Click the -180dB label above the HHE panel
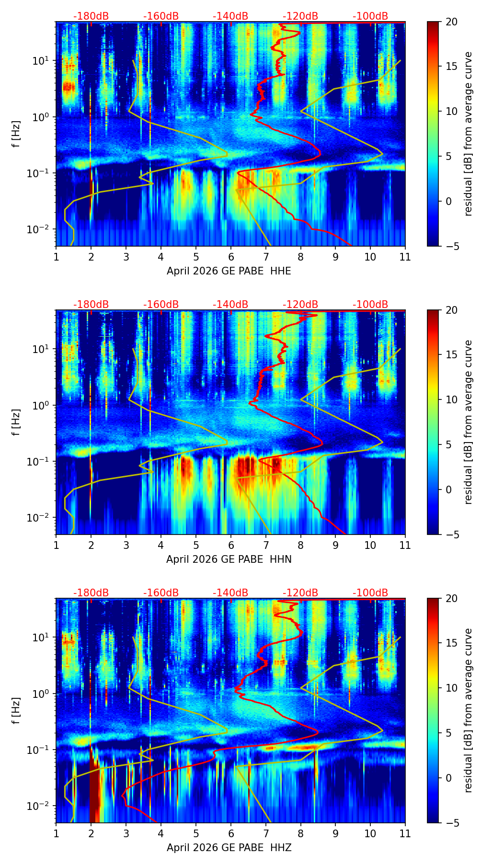[91, 16]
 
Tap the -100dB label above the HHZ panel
[370, 593]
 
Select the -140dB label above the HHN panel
[230, 305]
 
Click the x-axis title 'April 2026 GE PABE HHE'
[229, 271]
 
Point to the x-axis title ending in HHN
[229, 559]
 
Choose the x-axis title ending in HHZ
[229, 848]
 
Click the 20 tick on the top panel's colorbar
[452, 22]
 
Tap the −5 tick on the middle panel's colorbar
[452, 535]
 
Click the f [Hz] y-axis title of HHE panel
[16, 134]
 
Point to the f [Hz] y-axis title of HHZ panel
[16, 711]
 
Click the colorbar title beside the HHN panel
[468, 422]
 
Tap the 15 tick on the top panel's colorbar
[452, 67]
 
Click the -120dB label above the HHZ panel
[300, 593]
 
